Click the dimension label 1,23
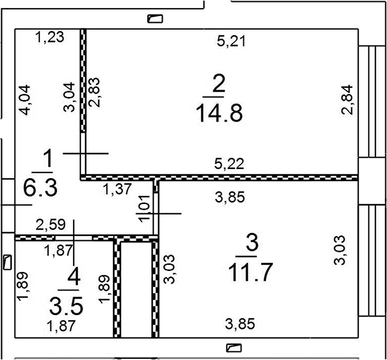50,37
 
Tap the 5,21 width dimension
231,41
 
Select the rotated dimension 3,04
69,97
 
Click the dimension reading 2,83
94,92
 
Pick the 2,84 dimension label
347,100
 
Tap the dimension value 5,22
229,163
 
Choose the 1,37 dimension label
117,189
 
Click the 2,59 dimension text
51,225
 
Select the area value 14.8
219,113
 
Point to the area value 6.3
41,187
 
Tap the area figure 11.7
251,272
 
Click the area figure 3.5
66,306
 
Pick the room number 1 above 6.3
48,158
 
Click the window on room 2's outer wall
372,101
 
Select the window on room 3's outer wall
372,260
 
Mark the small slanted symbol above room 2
155,19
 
